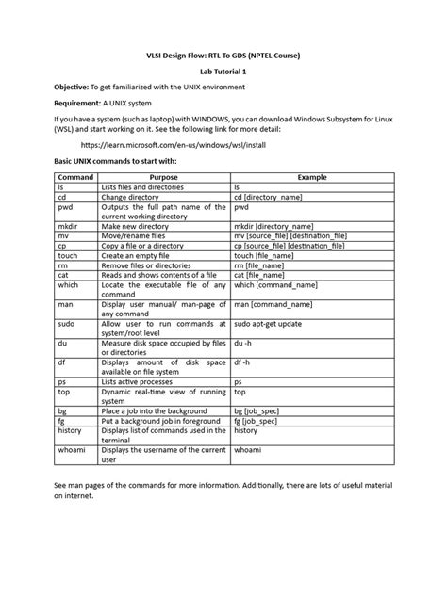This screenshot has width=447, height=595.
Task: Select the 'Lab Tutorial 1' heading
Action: [x=223, y=70]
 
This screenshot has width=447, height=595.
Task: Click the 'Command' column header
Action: [x=75, y=176]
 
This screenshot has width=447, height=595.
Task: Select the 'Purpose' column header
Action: [x=163, y=176]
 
